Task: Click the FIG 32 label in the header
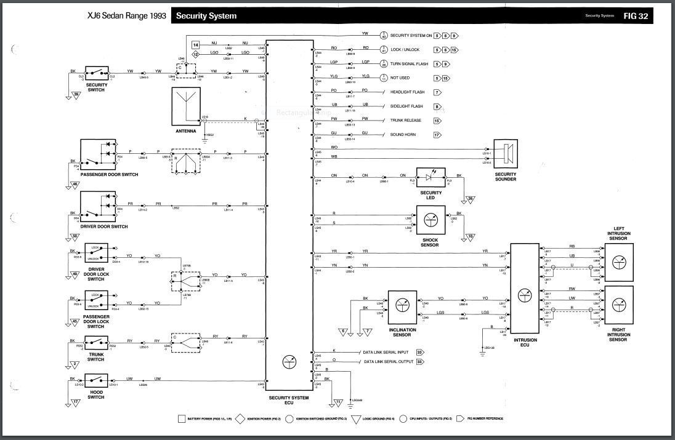635,15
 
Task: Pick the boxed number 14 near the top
195,45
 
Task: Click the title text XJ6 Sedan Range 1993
127,16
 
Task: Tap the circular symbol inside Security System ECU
288,362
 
